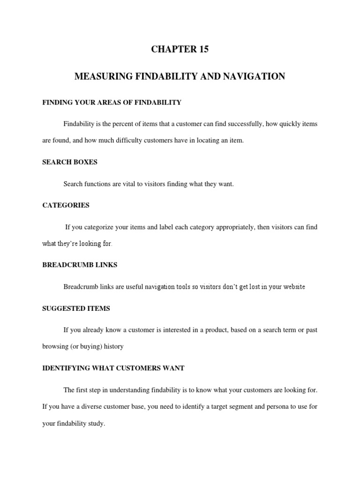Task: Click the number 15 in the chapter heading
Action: tap(203, 50)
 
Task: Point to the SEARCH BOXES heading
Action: tap(70, 162)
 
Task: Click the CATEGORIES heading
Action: tap(66, 205)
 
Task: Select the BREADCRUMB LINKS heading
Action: tap(80, 265)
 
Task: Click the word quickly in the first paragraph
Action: tap(286, 124)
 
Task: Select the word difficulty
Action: tap(126, 141)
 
